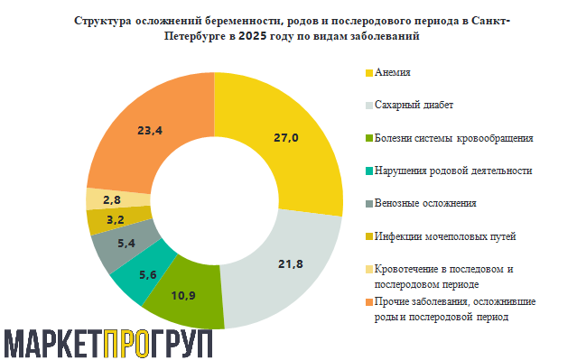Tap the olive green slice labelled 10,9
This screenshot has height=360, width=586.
[186, 293]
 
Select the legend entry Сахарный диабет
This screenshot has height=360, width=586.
[414, 105]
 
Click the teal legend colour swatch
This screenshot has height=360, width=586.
[368, 171]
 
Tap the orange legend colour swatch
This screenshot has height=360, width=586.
[368, 302]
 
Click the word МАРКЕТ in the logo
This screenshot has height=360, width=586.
[52, 342]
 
